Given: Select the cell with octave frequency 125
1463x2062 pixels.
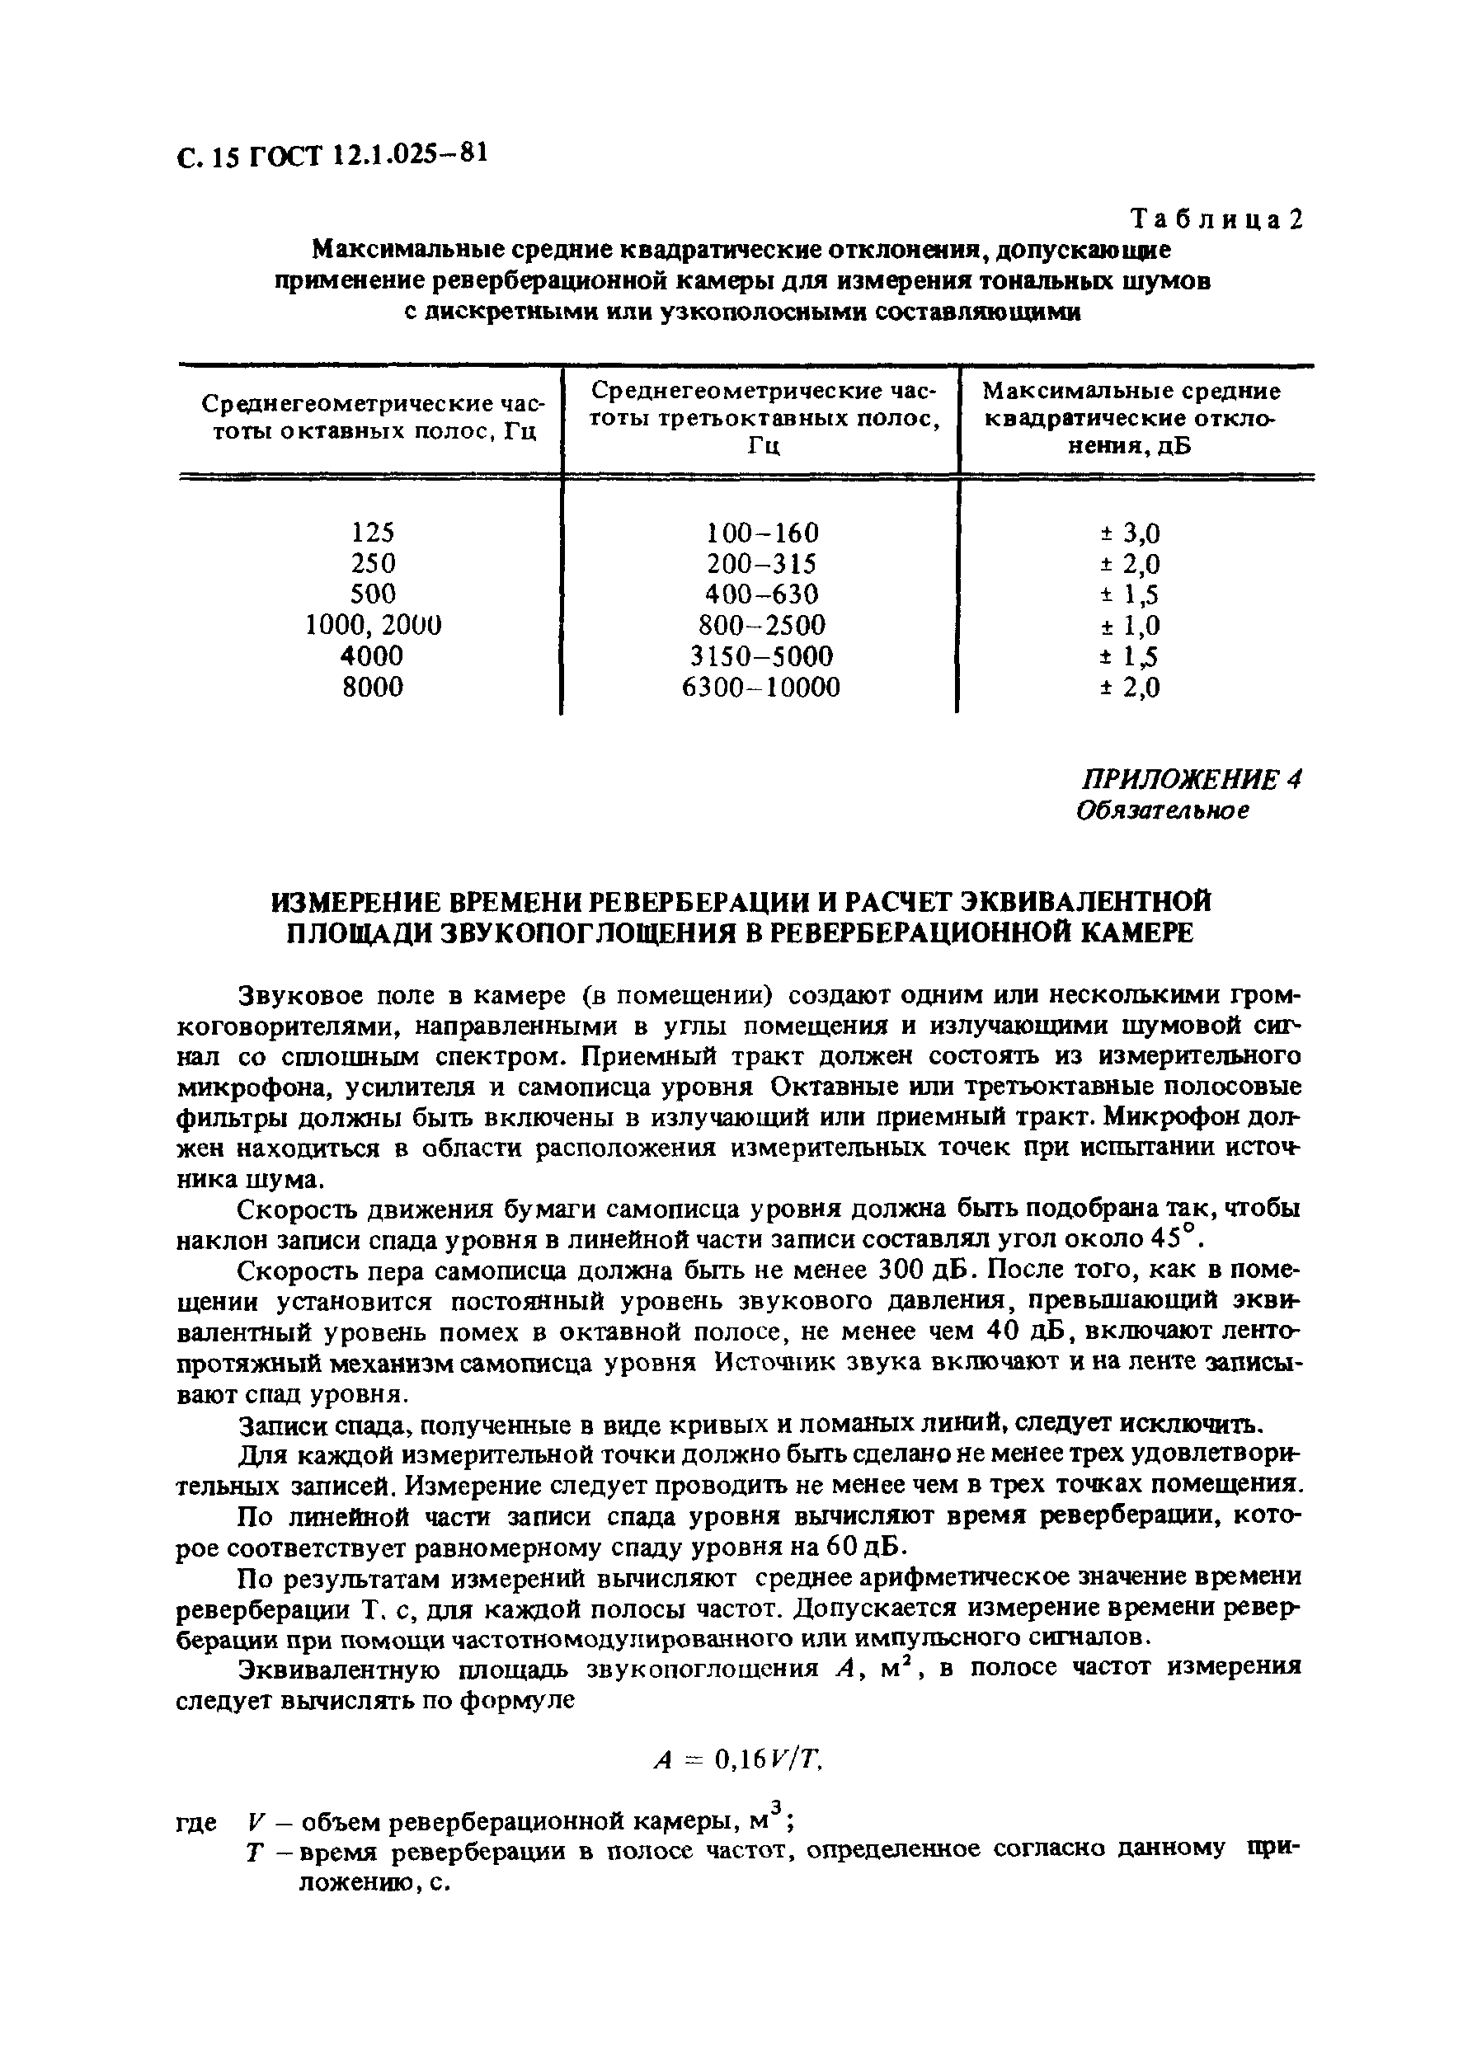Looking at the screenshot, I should point(373,531).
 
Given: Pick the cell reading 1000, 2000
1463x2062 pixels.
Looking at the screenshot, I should point(373,625).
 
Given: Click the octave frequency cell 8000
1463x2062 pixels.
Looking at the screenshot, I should point(373,687).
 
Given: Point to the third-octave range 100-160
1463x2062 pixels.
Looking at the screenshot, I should point(762,532).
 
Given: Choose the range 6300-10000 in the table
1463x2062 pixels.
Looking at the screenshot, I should point(762,687).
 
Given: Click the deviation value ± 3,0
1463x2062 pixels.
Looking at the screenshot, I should point(1130,533).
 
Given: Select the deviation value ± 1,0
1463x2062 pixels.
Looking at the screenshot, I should point(1130,626).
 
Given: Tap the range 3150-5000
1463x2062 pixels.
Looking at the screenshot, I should point(762,655).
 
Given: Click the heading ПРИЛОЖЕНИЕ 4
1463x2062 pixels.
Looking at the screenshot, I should point(1190,779).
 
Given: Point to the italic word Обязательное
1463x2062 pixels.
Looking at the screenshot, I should point(1163,810).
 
